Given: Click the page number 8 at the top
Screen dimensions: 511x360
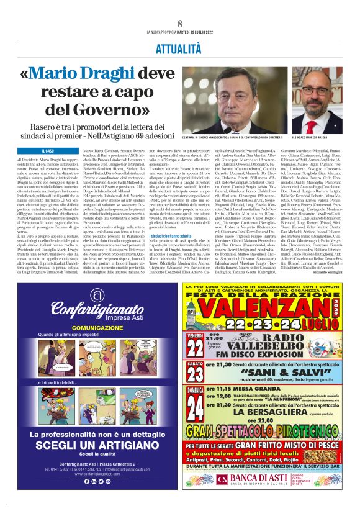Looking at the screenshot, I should point(179,24).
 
